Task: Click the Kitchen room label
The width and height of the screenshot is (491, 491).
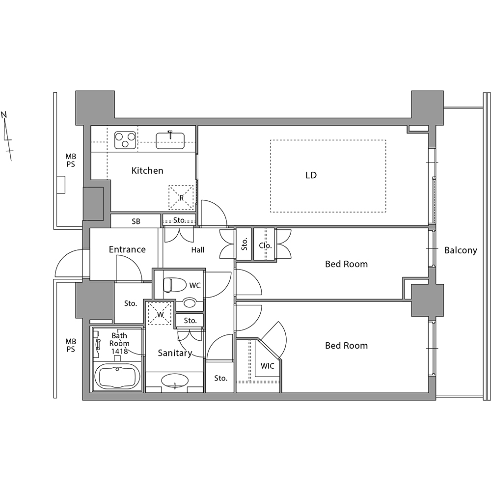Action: pyautogui.click(x=147, y=171)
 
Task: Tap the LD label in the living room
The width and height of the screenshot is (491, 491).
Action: pyautogui.click(x=311, y=175)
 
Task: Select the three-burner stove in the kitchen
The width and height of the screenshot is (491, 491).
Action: pyautogui.click(x=125, y=140)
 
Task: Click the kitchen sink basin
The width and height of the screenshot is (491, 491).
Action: pyautogui.click(x=170, y=140)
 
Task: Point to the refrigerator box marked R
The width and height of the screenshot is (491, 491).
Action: pyautogui.click(x=181, y=197)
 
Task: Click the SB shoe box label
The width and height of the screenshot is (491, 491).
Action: pyautogui.click(x=136, y=221)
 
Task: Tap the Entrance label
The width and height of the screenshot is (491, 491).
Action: pyautogui.click(x=127, y=249)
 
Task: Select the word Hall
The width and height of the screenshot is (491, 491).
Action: pyautogui.click(x=198, y=250)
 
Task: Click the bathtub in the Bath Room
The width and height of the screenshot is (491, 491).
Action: pyautogui.click(x=117, y=377)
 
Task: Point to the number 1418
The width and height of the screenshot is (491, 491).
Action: pyautogui.click(x=120, y=351)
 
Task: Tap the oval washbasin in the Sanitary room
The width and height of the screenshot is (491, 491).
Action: pyautogui.click(x=175, y=381)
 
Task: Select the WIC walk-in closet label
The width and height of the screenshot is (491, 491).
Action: pyautogui.click(x=267, y=366)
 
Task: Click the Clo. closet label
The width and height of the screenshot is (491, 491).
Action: pyautogui.click(x=265, y=245)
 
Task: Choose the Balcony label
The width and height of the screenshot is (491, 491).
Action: pyautogui.click(x=461, y=250)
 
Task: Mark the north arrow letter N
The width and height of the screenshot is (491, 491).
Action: pyautogui.click(x=4, y=114)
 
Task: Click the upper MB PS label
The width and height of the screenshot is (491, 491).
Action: pyautogui.click(x=71, y=160)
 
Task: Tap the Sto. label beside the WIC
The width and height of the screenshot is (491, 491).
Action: pyautogui.click(x=221, y=378)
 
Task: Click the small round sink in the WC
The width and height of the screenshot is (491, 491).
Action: pyautogui.click(x=189, y=303)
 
